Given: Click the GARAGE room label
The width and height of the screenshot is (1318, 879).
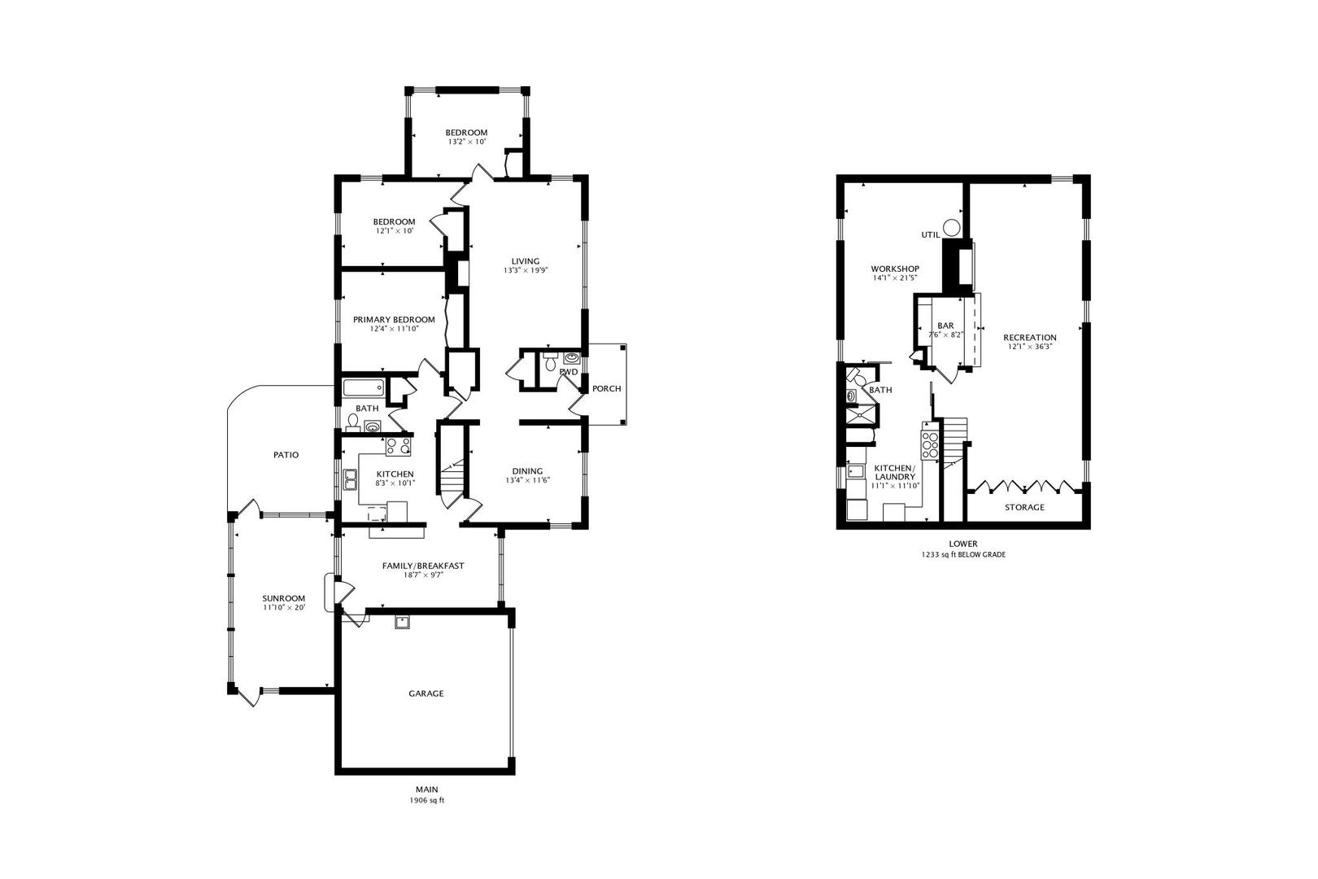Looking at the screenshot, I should pyautogui.click(x=426, y=693).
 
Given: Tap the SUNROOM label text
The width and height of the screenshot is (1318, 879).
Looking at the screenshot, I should pyautogui.click(x=284, y=598).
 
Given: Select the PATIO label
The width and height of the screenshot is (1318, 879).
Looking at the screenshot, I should pyautogui.click(x=286, y=455).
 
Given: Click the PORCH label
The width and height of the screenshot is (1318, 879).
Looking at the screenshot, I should pyautogui.click(x=606, y=388).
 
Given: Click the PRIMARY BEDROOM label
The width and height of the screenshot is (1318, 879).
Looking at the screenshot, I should pyautogui.click(x=394, y=320).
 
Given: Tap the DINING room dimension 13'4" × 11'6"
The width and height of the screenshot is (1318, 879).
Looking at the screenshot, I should pyautogui.click(x=527, y=480).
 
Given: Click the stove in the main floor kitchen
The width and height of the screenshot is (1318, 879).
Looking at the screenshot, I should pyautogui.click(x=398, y=445).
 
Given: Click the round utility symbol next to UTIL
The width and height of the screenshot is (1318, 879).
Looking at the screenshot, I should pyautogui.click(x=952, y=228).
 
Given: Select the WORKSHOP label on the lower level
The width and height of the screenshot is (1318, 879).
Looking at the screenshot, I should pyautogui.click(x=894, y=269).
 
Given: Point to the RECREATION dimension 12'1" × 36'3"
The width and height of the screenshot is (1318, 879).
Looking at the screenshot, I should pyautogui.click(x=1029, y=347).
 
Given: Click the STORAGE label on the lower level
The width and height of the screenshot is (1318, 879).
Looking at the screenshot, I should pyautogui.click(x=1024, y=507).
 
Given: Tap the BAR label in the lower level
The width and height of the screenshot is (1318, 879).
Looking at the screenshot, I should pyautogui.click(x=945, y=326).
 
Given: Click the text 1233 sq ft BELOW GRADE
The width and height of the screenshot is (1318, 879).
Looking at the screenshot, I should pyautogui.click(x=963, y=555).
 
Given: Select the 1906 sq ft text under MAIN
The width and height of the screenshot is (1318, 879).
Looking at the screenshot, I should pyautogui.click(x=426, y=801).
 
